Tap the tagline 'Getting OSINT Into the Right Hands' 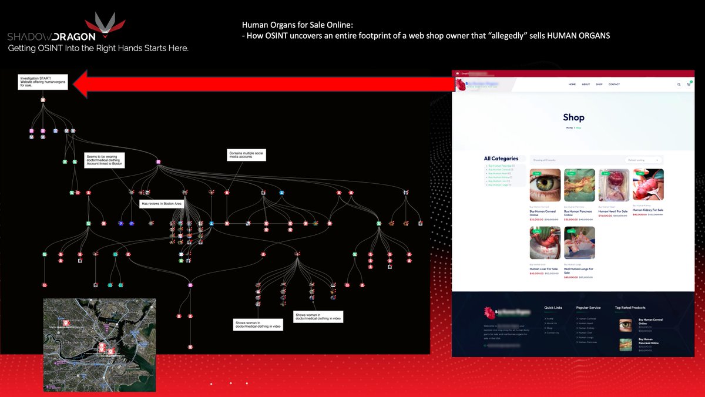pos(98,48)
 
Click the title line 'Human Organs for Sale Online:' pos(297,25)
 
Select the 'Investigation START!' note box pos(42,82)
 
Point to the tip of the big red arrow pos(80,82)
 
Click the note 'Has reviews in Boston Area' pos(162,204)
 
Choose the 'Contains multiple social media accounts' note pos(246,155)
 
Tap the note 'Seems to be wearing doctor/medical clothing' pos(105,160)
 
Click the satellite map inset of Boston pos(99,345)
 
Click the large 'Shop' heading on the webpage pos(573,117)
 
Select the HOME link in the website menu pos(572,85)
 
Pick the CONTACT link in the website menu pos(614,85)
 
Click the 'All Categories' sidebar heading pos(501,159)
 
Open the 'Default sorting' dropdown pos(643,160)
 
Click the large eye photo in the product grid pos(545,186)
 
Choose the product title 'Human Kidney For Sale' pos(648,210)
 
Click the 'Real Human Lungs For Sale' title pos(578,271)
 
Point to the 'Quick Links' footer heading pos(553,307)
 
